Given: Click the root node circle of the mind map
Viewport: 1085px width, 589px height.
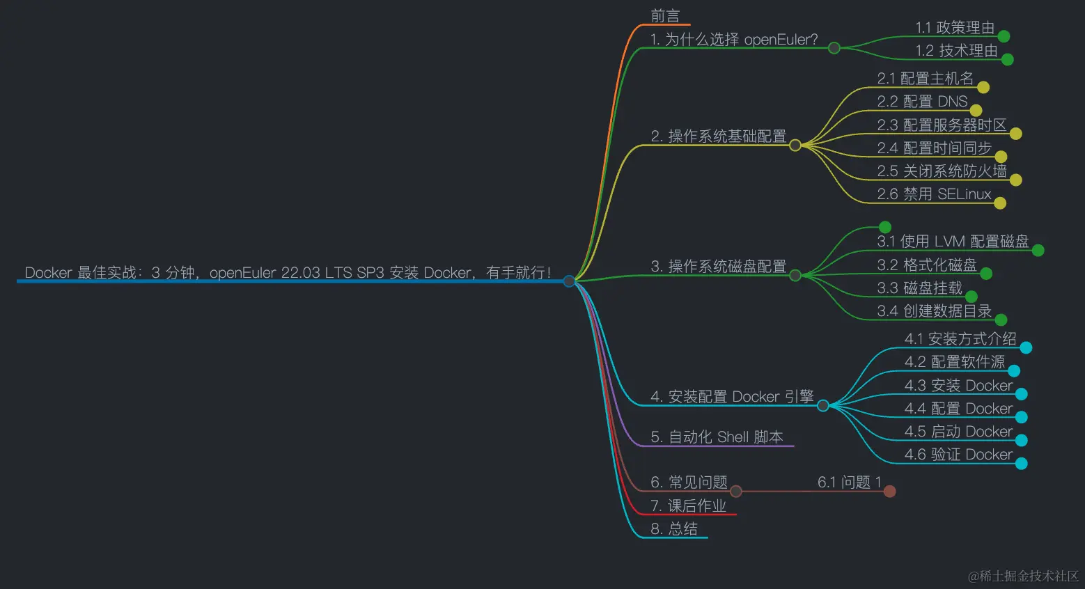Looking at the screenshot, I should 569,281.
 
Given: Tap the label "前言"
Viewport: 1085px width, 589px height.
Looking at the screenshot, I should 665,16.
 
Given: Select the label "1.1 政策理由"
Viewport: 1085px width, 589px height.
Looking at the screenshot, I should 955,28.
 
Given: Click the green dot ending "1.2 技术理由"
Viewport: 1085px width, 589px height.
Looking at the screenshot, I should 1007,60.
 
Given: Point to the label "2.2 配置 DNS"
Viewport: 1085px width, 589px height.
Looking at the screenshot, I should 922,102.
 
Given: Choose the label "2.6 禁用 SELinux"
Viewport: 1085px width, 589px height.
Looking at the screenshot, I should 934,194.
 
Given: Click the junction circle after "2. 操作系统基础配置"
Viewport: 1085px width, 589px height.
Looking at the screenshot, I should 795,146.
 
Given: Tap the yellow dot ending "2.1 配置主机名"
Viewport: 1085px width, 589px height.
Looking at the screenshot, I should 983,88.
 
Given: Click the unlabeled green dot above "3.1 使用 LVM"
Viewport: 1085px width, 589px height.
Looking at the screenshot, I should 885,227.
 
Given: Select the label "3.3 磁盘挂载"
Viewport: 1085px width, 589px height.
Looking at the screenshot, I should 919,288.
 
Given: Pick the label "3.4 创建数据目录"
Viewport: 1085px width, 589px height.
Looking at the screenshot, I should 934,311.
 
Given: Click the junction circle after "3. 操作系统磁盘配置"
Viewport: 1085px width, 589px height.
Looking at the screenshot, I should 795,276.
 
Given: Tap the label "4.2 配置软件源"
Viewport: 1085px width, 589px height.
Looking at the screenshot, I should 955,362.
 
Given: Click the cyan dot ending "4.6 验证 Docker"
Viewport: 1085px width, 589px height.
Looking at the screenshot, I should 1022,464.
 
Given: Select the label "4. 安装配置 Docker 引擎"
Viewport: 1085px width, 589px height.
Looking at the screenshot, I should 732,397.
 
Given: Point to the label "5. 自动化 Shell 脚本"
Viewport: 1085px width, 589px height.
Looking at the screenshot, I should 717,437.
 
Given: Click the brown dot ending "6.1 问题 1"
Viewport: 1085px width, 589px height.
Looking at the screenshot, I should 889,492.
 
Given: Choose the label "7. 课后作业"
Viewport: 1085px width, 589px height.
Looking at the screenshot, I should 688,506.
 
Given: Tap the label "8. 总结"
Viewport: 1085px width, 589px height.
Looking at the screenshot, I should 673,529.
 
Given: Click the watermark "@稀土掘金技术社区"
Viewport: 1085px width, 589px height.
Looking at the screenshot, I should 1023,576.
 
